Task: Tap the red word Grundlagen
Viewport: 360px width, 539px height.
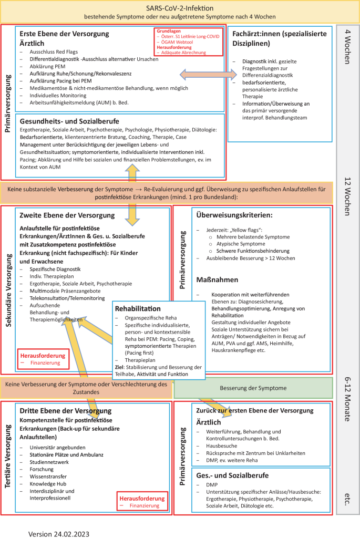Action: [169, 30]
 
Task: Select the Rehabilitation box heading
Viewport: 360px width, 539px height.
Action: [138, 308]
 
